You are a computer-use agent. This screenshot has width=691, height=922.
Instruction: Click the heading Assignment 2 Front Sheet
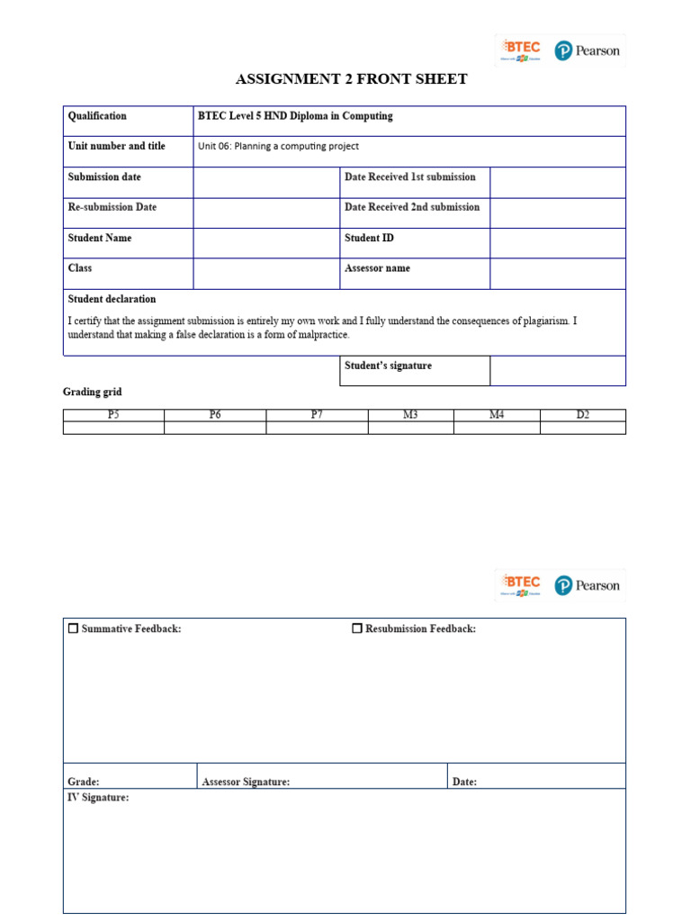(351, 79)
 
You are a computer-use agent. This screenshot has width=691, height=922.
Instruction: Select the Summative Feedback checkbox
(73, 628)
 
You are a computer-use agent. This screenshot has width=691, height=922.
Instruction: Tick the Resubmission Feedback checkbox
(357, 628)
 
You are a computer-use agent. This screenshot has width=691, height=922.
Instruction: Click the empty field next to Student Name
(266, 243)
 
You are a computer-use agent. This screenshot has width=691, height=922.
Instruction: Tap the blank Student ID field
(557, 243)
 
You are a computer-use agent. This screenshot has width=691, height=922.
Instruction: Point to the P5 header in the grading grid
(113, 415)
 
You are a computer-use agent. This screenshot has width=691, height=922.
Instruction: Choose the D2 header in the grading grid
(582, 415)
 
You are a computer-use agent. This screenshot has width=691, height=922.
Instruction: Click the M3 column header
(410, 415)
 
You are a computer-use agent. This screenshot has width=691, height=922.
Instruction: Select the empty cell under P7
(317, 428)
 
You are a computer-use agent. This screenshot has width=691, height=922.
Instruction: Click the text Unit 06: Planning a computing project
(278, 146)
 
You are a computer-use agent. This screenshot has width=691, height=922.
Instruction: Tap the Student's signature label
(388, 366)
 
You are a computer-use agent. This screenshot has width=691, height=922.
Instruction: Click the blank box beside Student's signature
(557, 370)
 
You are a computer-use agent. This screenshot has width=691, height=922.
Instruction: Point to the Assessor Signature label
(246, 782)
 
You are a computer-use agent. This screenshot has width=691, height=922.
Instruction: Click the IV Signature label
(98, 798)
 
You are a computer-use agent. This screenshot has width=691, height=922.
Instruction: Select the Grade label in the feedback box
(84, 782)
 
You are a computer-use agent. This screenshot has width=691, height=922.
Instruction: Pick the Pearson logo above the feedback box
(587, 585)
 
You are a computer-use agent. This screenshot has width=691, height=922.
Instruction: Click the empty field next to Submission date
(266, 182)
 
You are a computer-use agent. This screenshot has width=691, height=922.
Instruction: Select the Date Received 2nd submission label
(412, 207)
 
